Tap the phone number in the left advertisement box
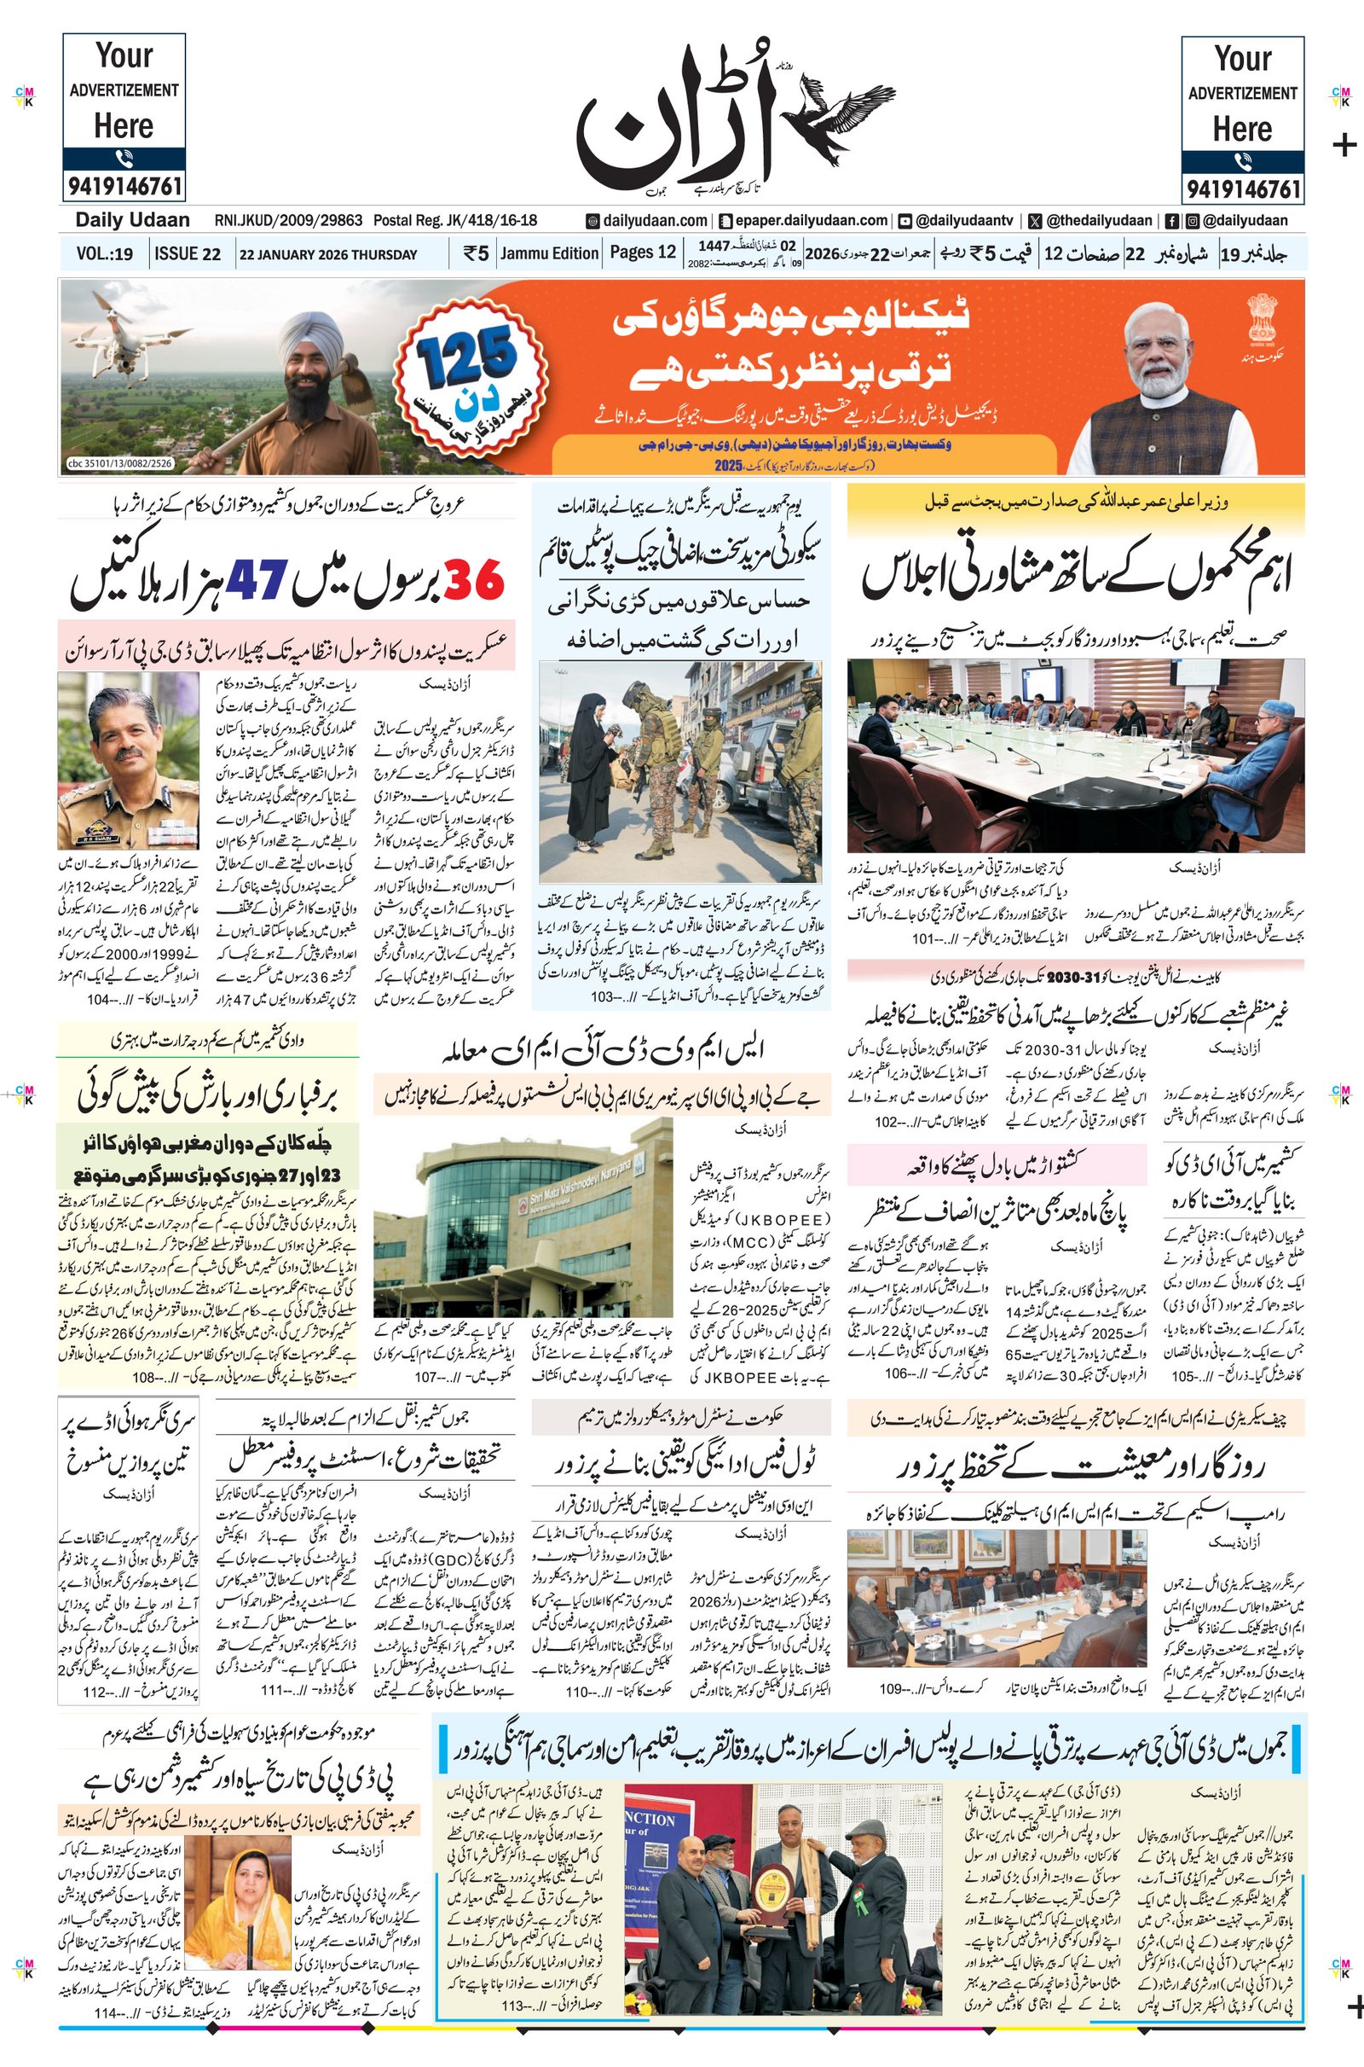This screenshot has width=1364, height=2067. point(124,185)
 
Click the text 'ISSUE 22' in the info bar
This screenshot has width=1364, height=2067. point(187,254)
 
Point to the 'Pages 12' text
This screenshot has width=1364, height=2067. point(643,253)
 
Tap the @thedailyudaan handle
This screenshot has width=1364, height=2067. point(1100,221)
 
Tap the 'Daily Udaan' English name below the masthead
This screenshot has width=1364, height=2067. point(132,220)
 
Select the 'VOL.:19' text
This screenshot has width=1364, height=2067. point(104,254)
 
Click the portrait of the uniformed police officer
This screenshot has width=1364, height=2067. point(128,760)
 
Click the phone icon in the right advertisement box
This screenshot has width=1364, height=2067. point(1242,161)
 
